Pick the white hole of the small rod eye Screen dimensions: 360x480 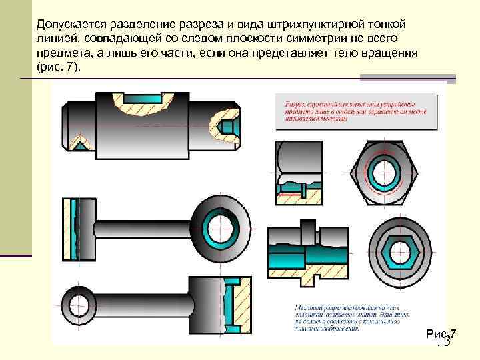click(x=81, y=299)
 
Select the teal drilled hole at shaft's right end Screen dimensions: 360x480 click(x=229, y=125)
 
